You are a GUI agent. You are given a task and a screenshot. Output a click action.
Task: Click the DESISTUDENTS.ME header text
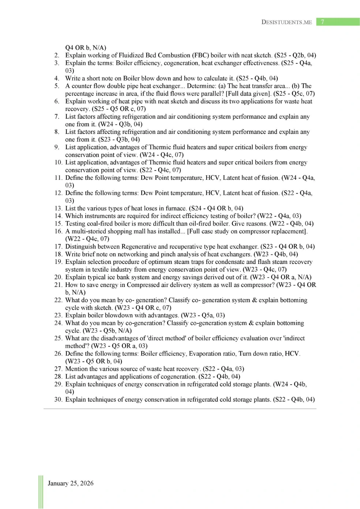pyautogui.click(x=286, y=22)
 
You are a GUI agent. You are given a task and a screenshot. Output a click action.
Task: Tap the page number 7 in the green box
pyautogui.click(x=322, y=22)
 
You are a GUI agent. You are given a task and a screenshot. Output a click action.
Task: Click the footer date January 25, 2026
pyautogui.click(x=71, y=483)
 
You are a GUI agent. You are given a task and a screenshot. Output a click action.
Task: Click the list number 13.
pyautogui.click(x=58, y=208)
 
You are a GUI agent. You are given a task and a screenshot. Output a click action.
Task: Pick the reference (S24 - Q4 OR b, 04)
pyautogui.click(x=216, y=208)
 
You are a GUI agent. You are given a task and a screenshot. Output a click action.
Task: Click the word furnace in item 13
pyautogui.click(x=176, y=208)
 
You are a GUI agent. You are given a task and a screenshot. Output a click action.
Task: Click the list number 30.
pyautogui.click(x=58, y=400)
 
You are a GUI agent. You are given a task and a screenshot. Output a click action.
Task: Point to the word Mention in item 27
pyautogui.click(x=76, y=369)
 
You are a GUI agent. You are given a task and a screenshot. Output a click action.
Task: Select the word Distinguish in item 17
pyautogui.click(x=82, y=247)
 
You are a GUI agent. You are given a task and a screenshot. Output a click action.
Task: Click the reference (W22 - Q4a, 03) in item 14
pyautogui.click(x=279, y=216)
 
